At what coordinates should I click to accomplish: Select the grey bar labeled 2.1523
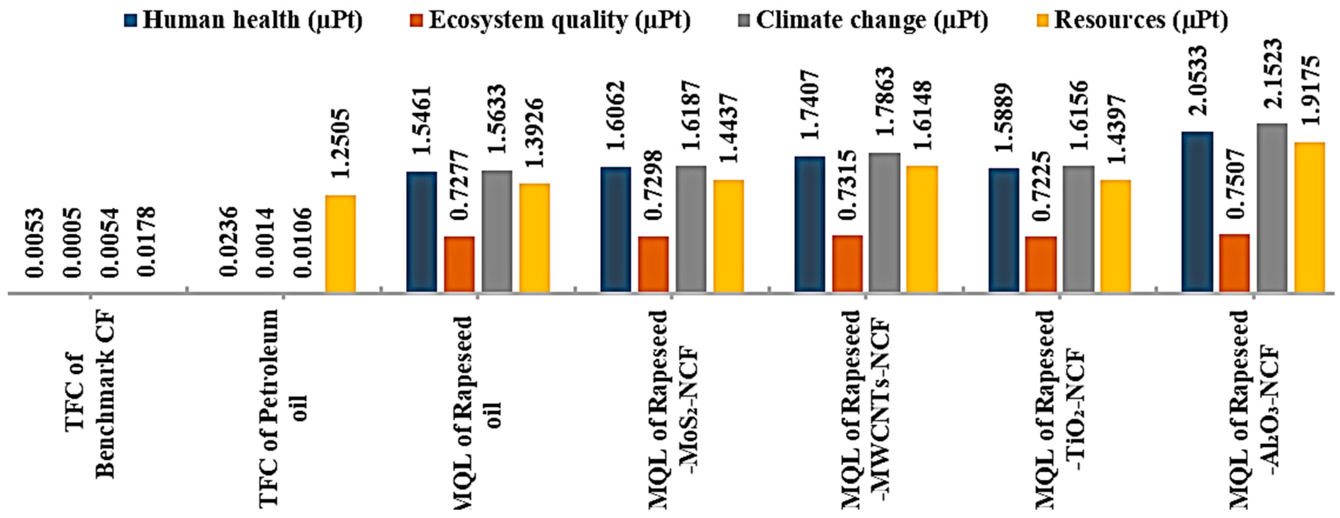pyautogui.click(x=1272, y=208)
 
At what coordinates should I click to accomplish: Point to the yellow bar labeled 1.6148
pyautogui.click(x=922, y=229)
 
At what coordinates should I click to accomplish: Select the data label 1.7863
pyautogui.click(x=884, y=101)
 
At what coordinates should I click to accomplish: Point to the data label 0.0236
pyautogui.click(x=228, y=242)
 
